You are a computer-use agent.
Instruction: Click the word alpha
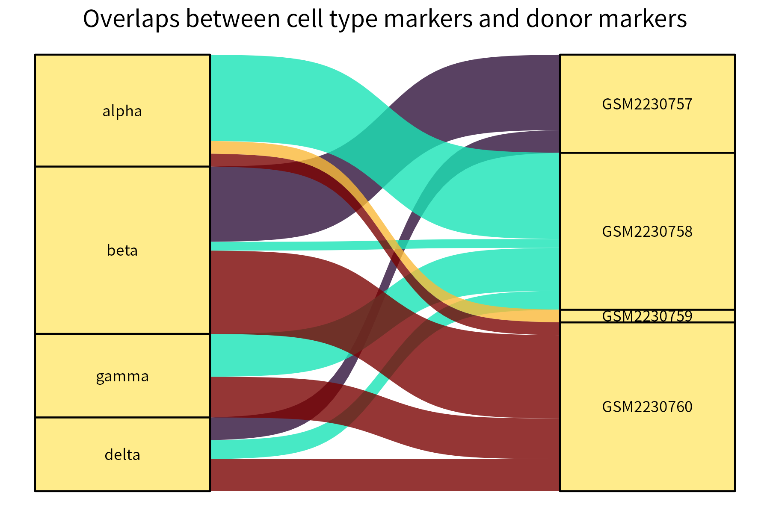pyautogui.click(x=122, y=111)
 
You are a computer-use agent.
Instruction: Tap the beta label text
pyautogui.click(x=122, y=250)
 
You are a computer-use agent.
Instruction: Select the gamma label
pyautogui.click(x=122, y=376)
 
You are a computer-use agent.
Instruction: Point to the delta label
pyautogui.click(x=122, y=454)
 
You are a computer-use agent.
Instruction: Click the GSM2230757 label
pyautogui.click(x=647, y=104)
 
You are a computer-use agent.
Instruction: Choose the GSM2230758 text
pyautogui.click(x=647, y=231)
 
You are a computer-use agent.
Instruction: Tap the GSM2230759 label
pyautogui.click(x=647, y=316)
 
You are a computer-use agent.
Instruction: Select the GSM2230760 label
pyautogui.click(x=647, y=407)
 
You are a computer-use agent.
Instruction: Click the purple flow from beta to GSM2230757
pyautogui.click(x=257, y=205)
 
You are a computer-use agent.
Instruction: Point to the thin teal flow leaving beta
pyautogui.click(x=257, y=246)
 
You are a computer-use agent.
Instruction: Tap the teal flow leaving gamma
pyautogui.click(x=257, y=355)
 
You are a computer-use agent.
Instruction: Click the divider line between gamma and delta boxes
pyautogui.click(x=122, y=417)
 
